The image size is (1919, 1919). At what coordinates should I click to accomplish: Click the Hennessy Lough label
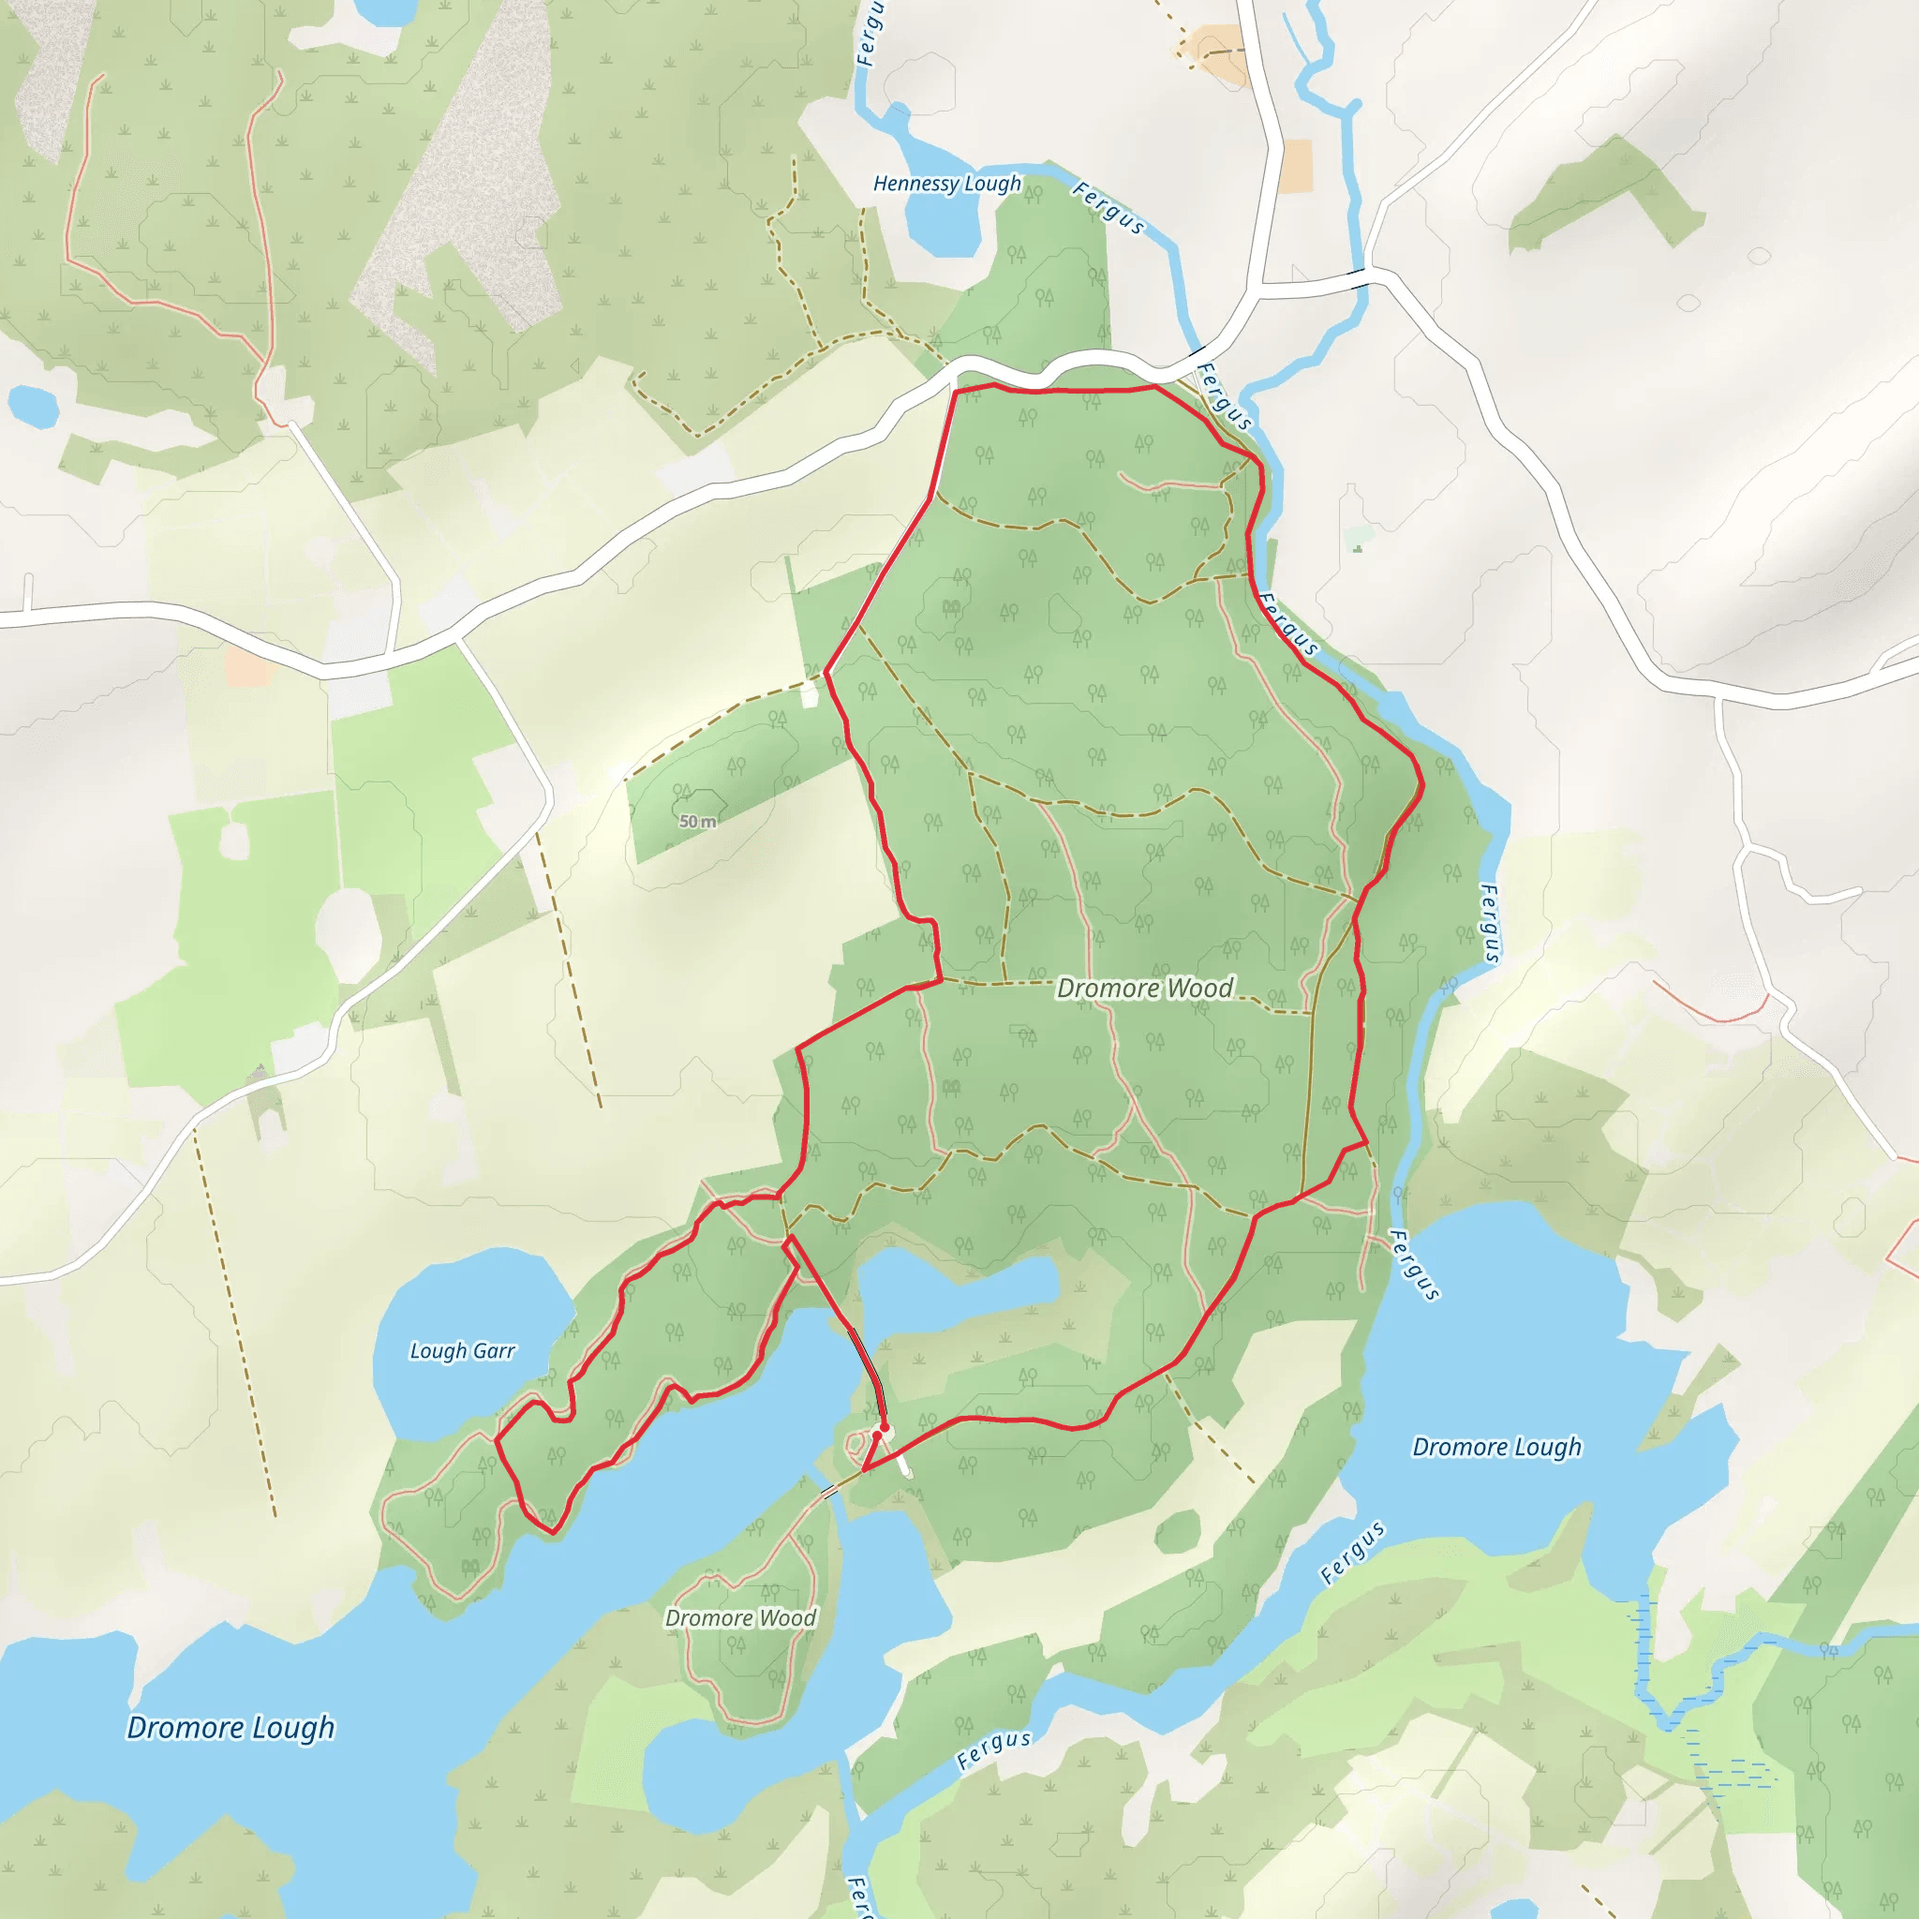(x=946, y=184)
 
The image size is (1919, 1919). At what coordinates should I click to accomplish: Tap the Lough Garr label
(x=463, y=1351)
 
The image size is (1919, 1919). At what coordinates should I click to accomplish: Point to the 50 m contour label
(x=697, y=822)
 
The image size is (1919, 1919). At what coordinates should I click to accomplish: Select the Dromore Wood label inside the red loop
(x=1144, y=988)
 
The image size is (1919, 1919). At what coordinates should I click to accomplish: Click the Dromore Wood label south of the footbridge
(x=740, y=1618)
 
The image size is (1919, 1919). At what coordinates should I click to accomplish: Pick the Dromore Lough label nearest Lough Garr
(x=231, y=1727)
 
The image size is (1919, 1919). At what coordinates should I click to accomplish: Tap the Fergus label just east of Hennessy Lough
(x=1108, y=206)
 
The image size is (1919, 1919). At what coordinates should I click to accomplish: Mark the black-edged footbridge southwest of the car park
(x=827, y=1492)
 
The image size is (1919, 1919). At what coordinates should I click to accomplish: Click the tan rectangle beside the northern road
(x=1296, y=165)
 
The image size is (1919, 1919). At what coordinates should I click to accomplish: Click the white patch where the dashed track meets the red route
(x=810, y=694)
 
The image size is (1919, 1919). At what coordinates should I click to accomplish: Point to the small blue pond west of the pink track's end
(x=32, y=405)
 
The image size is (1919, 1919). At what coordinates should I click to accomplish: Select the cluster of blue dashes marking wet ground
(x=1733, y=1773)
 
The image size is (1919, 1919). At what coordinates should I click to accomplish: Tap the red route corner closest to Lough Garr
(x=496, y=1438)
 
